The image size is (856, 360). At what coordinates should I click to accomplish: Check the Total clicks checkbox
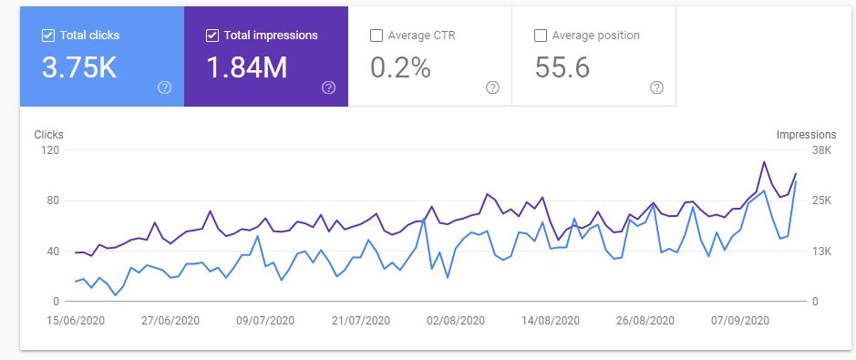(48, 36)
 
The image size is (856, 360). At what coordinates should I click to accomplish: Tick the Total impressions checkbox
(212, 36)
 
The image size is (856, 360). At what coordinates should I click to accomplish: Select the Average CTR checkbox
(376, 36)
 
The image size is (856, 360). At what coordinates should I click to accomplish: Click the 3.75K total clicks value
(80, 67)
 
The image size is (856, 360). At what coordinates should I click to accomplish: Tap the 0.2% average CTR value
(400, 67)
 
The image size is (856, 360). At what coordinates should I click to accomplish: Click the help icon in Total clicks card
(165, 87)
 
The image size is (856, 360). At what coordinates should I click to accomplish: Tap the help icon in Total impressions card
(329, 87)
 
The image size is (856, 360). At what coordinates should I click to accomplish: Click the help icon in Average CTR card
(492, 87)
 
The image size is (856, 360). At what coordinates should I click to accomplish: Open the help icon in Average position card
(656, 87)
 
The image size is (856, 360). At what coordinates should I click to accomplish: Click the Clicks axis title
(48, 134)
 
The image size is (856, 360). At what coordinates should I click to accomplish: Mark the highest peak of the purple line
(764, 162)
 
